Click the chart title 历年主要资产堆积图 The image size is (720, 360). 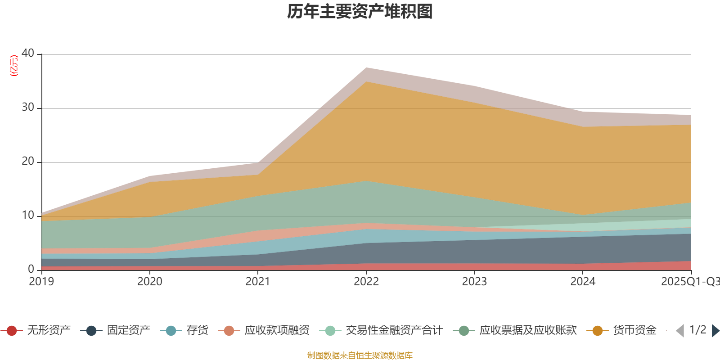360,12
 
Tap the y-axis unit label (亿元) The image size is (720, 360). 14,66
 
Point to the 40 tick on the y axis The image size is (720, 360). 28,53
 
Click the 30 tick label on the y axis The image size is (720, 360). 28,107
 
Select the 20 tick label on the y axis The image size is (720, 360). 28,161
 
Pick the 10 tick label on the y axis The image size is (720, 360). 28,215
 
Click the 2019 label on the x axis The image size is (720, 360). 41,282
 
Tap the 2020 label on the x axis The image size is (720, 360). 150,282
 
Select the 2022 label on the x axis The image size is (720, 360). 366,282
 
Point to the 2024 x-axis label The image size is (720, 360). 583,282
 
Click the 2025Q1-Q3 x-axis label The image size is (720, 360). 689,282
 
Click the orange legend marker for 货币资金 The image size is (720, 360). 598,331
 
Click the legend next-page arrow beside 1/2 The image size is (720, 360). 715,331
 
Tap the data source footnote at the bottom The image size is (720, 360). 360,355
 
